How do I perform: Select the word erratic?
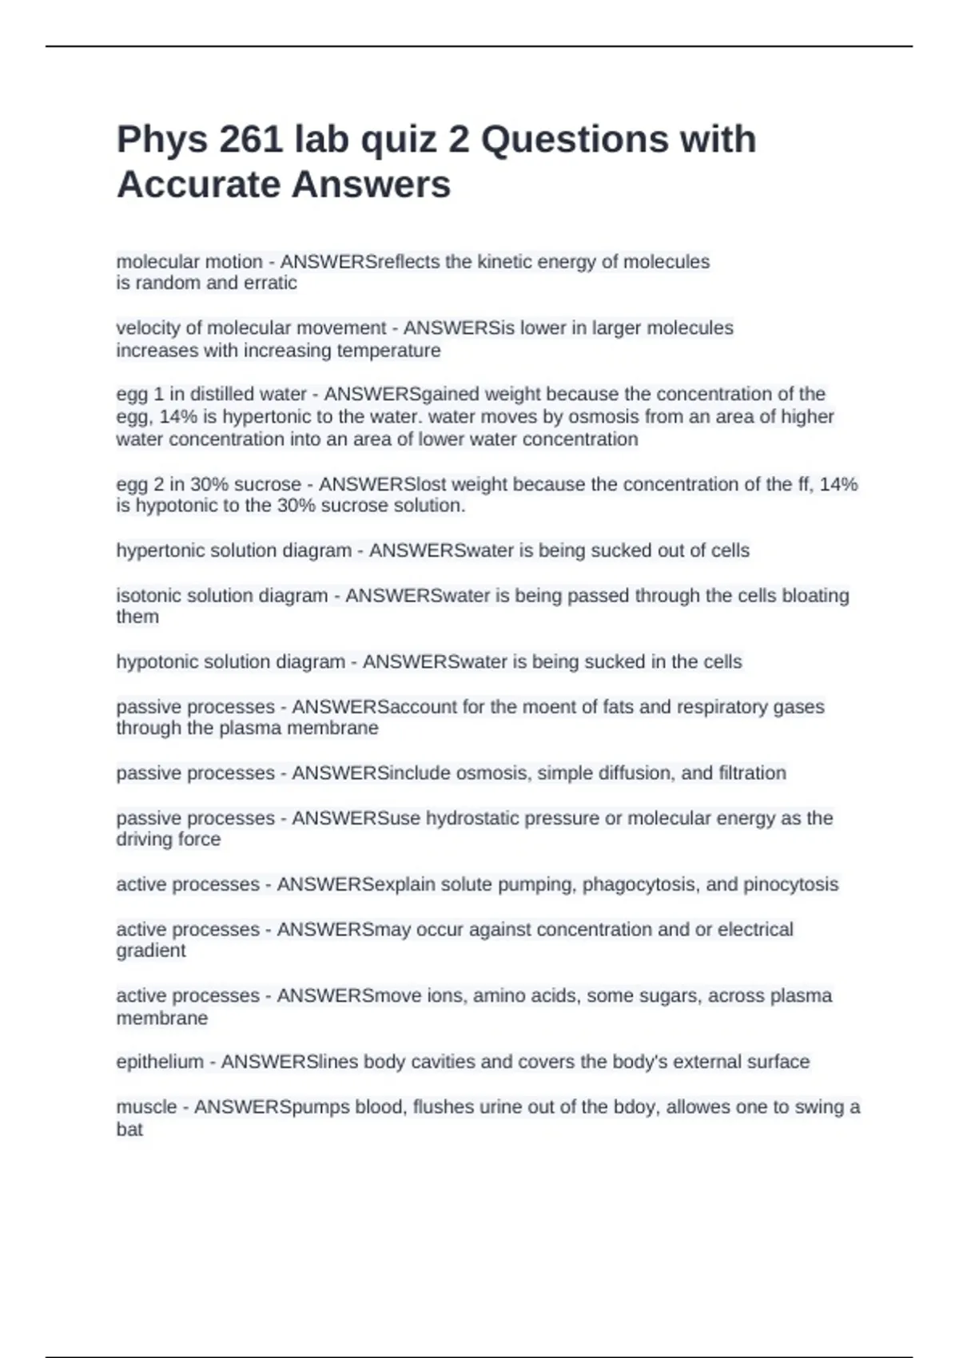click(x=271, y=283)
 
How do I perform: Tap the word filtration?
click(x=752, y=773)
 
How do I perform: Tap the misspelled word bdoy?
click(x=635, y=1107)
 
